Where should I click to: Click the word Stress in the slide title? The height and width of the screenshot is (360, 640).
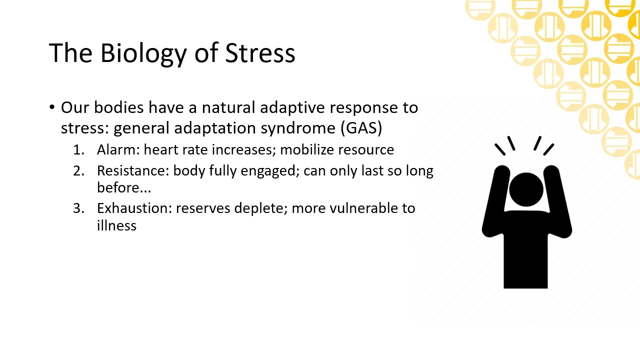(260, 53)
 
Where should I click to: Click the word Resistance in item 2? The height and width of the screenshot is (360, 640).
(132, 170)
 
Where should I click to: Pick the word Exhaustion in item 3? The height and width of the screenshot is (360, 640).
(135, 208)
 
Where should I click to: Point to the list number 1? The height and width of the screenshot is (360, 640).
(78, 149)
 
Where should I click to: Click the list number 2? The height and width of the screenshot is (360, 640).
(78, 170)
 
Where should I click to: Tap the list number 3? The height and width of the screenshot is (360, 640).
(78, 208)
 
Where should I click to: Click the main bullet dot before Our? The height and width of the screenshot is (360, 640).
(52, 107)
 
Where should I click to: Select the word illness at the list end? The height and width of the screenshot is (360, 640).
(116, 225)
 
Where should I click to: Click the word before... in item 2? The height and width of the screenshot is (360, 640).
(123, 188)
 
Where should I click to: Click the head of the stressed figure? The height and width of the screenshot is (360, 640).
(526, 188)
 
